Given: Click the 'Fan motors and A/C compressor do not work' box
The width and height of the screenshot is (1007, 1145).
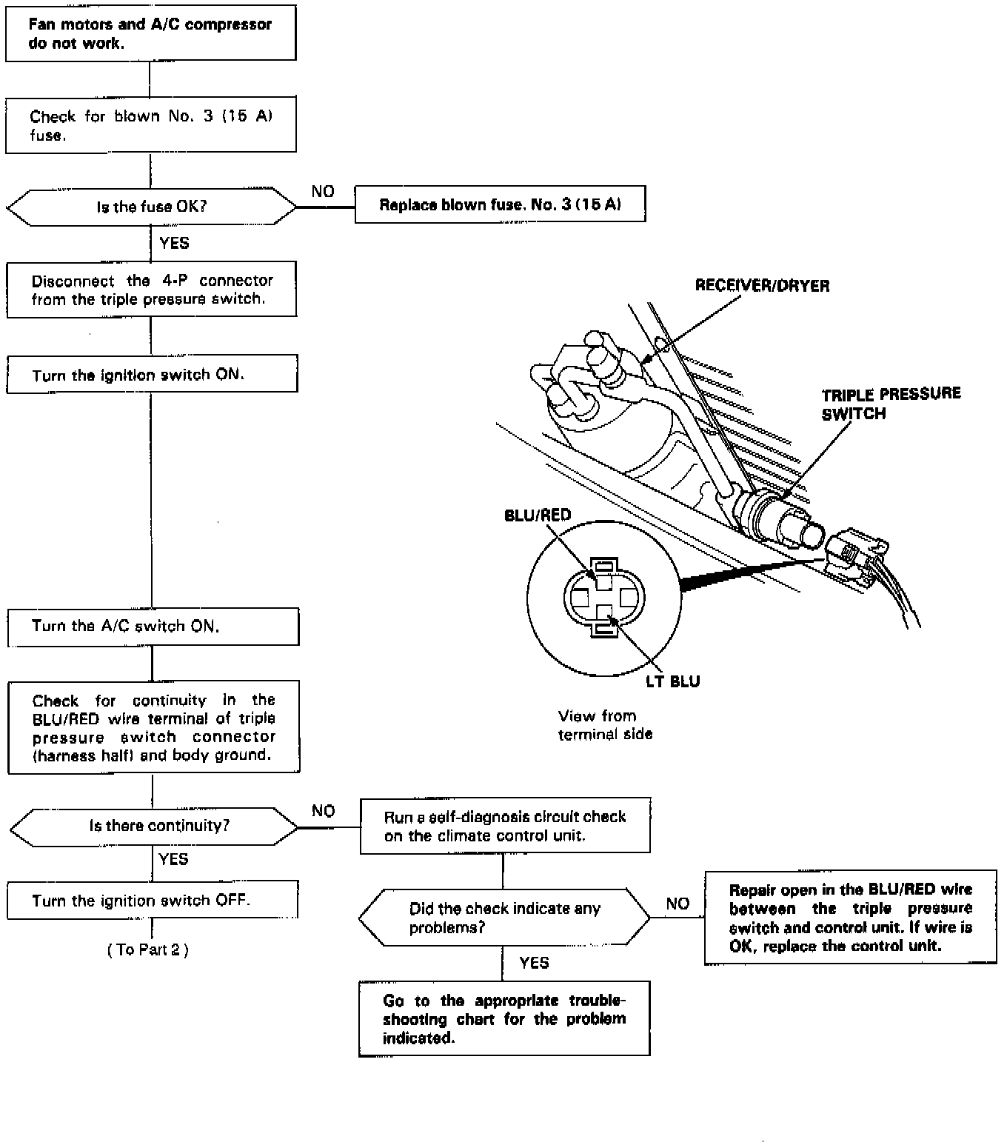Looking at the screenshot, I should [150, 34].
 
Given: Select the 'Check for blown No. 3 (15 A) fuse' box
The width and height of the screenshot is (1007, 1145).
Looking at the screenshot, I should [150, 125].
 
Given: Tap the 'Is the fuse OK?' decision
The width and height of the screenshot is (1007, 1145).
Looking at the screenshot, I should [151, 207].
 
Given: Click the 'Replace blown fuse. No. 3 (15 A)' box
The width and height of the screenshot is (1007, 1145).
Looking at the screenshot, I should [500, 204].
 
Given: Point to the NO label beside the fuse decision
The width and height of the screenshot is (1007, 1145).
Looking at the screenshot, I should [323, 192].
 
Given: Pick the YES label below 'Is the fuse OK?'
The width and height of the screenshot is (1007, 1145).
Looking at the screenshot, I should [174, 243].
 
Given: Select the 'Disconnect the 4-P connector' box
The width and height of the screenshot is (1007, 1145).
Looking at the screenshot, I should [152, 290].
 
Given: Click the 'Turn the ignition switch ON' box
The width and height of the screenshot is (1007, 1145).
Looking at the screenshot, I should [152, 375].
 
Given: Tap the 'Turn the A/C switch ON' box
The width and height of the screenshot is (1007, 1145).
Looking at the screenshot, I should [153, 627].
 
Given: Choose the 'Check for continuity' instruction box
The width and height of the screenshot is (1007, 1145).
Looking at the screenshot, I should [153, 727].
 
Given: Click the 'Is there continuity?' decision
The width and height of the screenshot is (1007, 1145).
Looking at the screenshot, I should [154, 826].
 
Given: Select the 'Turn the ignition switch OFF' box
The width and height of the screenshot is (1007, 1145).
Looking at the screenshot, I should [153, 901].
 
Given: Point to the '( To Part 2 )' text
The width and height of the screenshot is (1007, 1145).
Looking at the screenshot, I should [148, 949].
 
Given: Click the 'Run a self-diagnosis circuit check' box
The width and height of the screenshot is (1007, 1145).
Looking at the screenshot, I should [505, 826].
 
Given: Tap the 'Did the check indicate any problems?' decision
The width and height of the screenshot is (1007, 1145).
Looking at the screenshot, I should [504, 918].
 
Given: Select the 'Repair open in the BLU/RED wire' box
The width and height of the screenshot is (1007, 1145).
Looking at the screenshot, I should [850, 918].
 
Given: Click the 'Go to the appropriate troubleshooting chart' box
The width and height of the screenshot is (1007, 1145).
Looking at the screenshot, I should [504, 1019].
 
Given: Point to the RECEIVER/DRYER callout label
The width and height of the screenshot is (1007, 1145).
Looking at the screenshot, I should [762, 286].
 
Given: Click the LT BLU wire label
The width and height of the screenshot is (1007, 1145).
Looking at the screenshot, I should [672, 681].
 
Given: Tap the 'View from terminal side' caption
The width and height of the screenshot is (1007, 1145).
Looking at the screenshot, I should [605, 725].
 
